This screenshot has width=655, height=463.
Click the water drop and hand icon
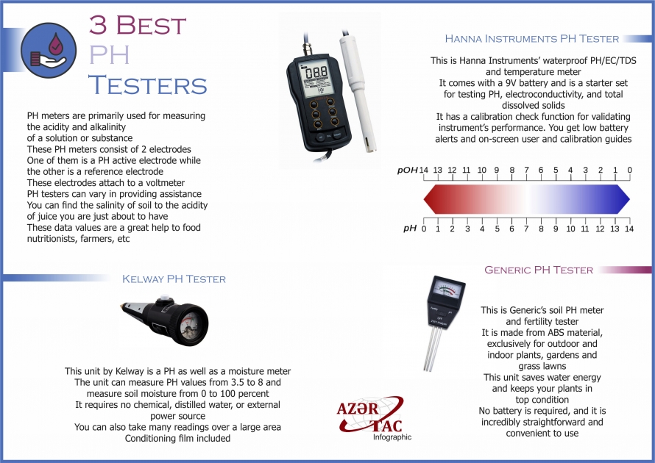pyautogui.click(x=44, y=49)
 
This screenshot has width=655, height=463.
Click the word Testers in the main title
pyautogui.click(x=147, y=85)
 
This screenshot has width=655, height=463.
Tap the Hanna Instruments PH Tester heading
pyautogui.click(x=532, y=39)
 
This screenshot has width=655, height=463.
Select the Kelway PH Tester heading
pyautogui.click(x=174, y=279)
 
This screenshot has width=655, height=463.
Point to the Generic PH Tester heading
pyautogui.click(x=539, y=270)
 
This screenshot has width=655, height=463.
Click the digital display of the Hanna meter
pyautogui.click(x=316, y=73)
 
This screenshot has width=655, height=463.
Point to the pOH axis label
pyautogui.click(x=407, y=170)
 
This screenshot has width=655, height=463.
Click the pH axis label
pyautogui.click(x=410, y=229)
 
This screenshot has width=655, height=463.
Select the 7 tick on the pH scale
pyautogui.click(x=526, y=229)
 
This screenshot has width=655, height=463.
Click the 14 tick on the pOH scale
pyautogui.click(x=423, y=170)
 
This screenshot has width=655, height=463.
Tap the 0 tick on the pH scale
pyautogui.click(x=423, y=229)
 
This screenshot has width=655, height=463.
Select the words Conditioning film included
pyautogui.click(x=177, y=439)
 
